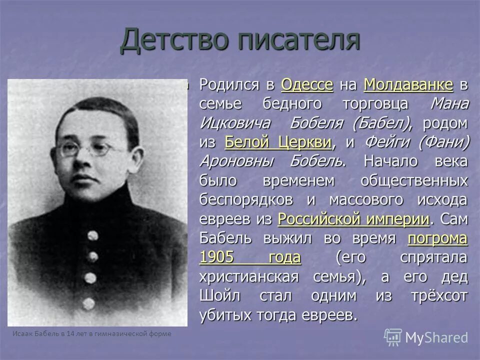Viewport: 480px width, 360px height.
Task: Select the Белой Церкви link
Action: pyautogui.click(x=278, y=142)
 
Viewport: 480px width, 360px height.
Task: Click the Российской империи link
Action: pyautogui.click(x=353, y=219)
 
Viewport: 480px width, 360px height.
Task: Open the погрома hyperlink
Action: pyautogui.click(x=438, y=238)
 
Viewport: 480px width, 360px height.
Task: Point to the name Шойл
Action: pyautogui.click(x=220, y=295)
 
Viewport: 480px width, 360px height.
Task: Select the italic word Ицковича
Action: pyautogui.click(x=234, y=123)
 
